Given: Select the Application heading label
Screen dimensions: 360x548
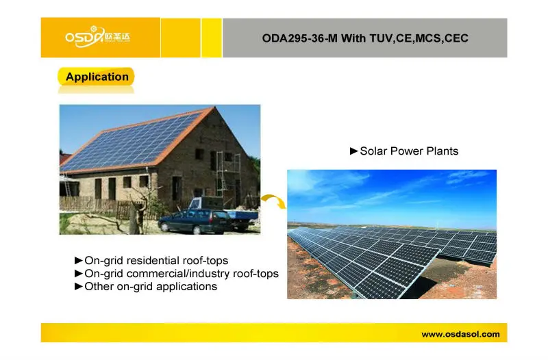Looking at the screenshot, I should [97, 77].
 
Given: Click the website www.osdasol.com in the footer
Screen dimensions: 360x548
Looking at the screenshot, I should [460, 335].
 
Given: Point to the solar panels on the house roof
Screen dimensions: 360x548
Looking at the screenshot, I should [130, 142].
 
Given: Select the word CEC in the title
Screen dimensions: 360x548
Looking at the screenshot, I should [456, 38].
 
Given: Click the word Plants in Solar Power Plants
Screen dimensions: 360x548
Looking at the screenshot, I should [442, 151].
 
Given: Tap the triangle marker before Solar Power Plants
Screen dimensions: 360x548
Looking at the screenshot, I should [354, 151].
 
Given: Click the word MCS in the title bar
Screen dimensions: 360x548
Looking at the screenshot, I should [428, 38].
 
